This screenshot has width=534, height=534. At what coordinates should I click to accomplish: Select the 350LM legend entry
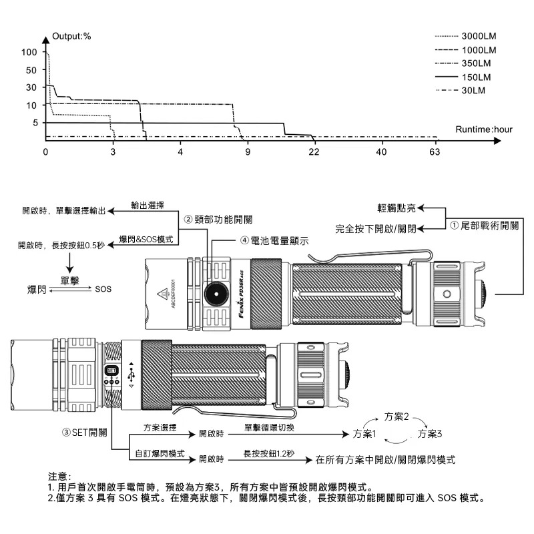477,63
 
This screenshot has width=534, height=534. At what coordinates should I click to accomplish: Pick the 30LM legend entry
473,90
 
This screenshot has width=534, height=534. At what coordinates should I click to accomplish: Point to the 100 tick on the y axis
29,52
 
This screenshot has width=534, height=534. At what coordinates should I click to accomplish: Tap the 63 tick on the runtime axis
435,152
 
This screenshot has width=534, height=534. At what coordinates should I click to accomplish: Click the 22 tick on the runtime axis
314,152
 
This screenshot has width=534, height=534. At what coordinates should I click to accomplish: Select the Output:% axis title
71,35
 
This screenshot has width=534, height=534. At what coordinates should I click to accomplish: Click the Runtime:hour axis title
485,129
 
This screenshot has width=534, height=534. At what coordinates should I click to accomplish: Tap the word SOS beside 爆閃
103,289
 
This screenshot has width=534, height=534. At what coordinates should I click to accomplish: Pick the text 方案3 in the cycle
431,434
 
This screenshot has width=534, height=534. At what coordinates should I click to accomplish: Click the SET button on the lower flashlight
111,370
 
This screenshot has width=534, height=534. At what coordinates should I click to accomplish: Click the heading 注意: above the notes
59,476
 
